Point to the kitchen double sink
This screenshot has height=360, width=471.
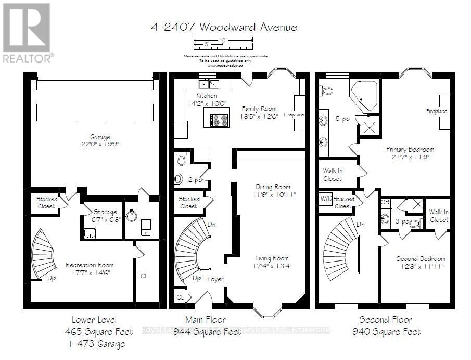pyautogui.click(x=210, y=84)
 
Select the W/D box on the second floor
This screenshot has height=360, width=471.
pyautogui.click(x=326, y=199)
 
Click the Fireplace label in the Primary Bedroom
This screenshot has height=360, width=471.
pyautogui.click(x=437, y=111)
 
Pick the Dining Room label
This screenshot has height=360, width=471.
pyautogui.click(x=273, y=187)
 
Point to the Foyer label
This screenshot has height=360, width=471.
pyautogui.click(x=215, y=279)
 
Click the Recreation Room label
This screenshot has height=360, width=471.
pyautogui.click(x=90, y=265)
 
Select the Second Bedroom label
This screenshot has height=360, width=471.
pyautogui.click(x=421, y=259)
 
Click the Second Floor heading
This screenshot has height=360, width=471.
pyautogui.click(x=385, y=320)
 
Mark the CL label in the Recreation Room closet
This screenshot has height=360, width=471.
pyautogui.click(x=144, y=277)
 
